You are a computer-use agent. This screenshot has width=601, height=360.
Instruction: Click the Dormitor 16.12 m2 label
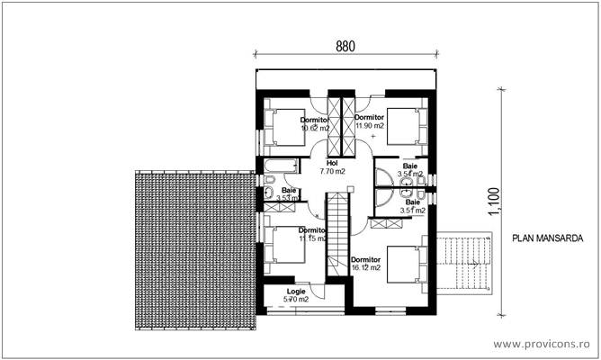click(366, 264)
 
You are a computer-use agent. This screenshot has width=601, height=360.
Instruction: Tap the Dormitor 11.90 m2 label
click(369, 122)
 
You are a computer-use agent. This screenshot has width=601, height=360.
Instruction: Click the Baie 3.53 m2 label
click(289, 194)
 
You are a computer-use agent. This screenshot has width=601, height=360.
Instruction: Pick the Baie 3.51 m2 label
click(411, 207)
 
